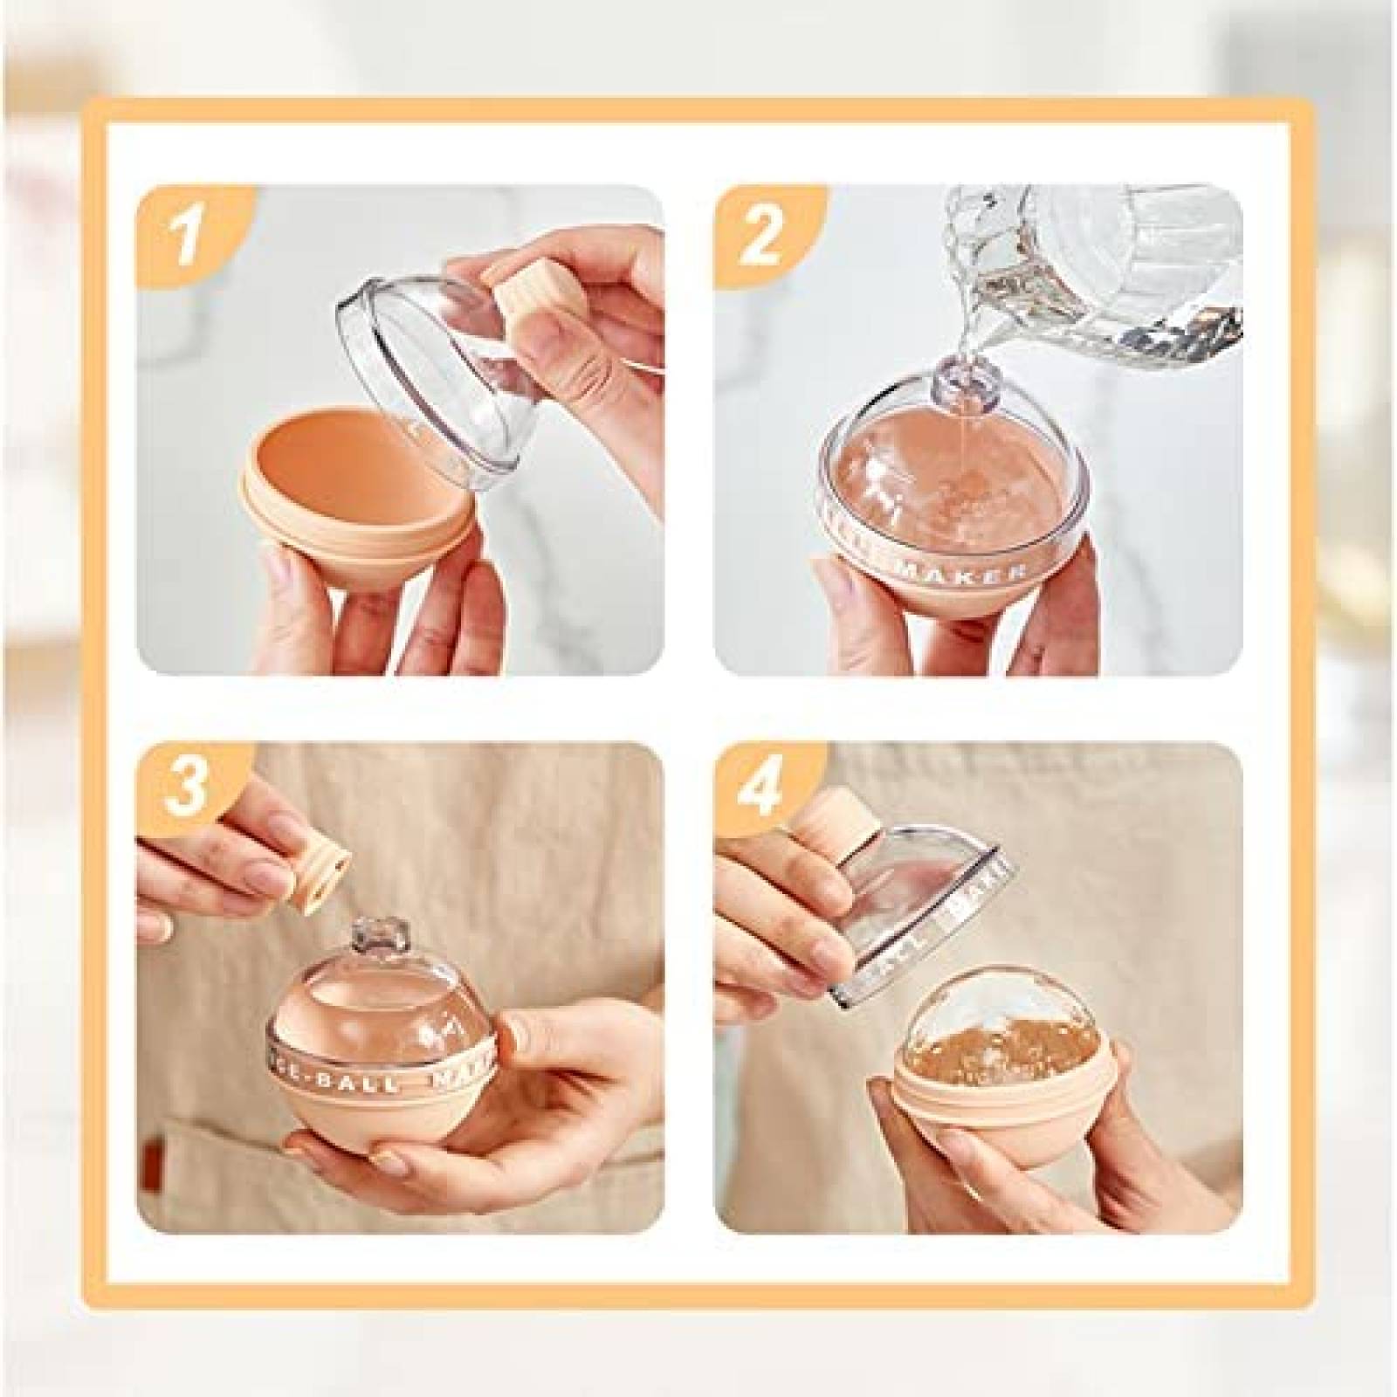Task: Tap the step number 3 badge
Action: click(x=186, y=790)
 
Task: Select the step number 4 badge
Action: click(x=760, y=790)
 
